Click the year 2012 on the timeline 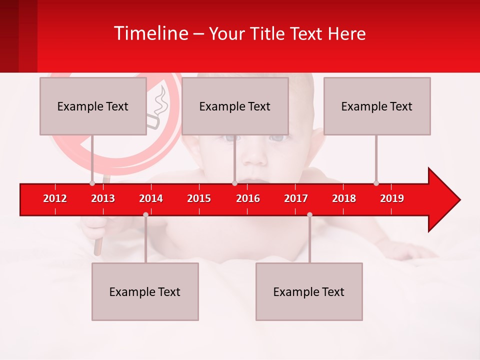coord(55,198)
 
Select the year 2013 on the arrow coord(103,198)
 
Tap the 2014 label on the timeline coord(151,198)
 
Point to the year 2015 coord(199,198)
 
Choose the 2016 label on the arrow coord(248,198)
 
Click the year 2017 coord(296,198)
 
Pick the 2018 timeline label coord(344,198)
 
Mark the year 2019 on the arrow coord(392,198)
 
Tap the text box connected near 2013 coord(93,106)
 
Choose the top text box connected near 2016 coord(235,106)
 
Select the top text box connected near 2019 coord(377,106)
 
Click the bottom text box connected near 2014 coord(145,291)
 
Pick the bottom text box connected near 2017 coord(309,291)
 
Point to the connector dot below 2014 coord(145,214)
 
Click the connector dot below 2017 coord(309,214)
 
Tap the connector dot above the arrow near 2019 coord(376,183)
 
